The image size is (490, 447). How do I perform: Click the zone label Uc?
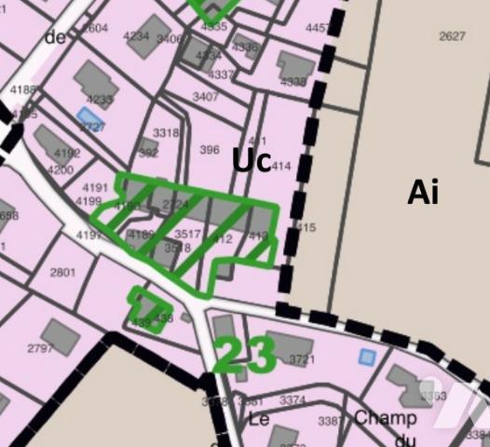(252, 160)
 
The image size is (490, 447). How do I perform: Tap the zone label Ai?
(422, 192)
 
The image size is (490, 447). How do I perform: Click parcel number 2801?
(62, 272)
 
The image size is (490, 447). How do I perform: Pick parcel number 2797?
(40, 348)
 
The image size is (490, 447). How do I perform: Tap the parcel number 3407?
(206, 97)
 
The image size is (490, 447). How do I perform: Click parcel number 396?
(210, 150)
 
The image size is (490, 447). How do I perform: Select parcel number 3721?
(302, 359)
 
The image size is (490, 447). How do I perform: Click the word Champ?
(385, 418)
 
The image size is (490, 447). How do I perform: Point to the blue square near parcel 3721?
(367, 357)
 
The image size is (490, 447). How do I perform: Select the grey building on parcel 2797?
(61, 335)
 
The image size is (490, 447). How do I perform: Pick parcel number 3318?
(165, 133)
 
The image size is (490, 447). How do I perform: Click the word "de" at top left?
(56, 37)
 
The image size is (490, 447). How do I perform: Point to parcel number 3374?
(292, 400)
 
